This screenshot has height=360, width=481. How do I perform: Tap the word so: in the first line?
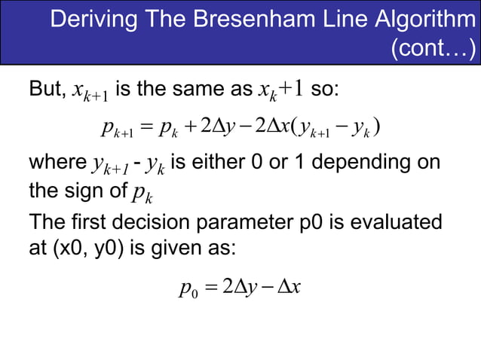326,92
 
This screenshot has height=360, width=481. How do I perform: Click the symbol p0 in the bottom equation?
188,288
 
